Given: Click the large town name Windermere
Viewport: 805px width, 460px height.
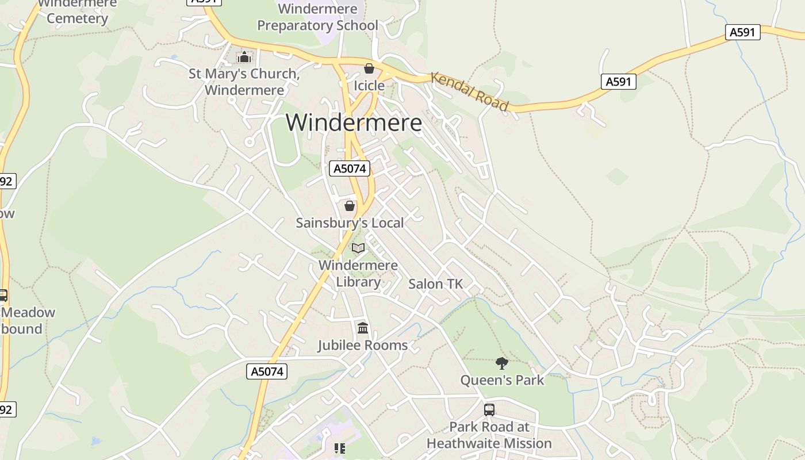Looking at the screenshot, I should click(354, 122).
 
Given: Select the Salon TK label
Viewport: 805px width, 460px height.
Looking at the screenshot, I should click(435, 284).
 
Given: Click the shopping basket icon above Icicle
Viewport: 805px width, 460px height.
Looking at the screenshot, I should click(369, 69).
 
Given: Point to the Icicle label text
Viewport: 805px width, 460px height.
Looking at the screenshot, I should click(369, 86).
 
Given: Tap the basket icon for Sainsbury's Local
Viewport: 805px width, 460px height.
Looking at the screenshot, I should click(350, 206).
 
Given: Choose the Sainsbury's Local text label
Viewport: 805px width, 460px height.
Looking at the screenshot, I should click(350, 223).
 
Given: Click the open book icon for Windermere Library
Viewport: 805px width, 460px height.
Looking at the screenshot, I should click(358, 248).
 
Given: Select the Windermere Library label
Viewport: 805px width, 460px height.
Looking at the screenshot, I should click(358, 273).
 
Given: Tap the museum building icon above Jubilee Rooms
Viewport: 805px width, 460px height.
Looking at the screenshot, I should click(363, 328).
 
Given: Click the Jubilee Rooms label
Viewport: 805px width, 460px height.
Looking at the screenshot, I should click(363, 345).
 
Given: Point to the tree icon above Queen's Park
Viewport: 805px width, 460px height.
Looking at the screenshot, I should click(502, 363).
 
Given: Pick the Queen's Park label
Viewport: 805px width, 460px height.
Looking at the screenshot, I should click(502, 380).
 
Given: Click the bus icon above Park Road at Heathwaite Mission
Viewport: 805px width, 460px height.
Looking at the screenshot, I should click(489, 410).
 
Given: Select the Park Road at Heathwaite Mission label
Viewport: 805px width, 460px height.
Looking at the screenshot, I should click(489, 435).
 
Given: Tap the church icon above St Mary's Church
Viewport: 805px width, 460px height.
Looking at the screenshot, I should click(244, 57).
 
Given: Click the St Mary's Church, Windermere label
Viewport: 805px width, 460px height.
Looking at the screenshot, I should click(244, 82).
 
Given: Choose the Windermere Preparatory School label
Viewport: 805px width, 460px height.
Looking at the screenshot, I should click(317, 17).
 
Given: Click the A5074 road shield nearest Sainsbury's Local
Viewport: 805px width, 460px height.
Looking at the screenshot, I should click(349, 168).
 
